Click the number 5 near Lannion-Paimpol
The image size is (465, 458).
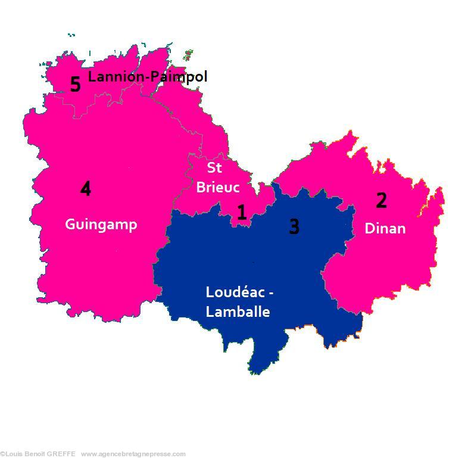point(75,84)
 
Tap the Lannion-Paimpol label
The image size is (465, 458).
point(148,77)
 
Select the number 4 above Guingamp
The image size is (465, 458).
point(86,189)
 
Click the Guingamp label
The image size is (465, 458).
point(101,225)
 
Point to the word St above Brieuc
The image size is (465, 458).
point(214,167)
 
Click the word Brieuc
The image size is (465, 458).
point(218,187)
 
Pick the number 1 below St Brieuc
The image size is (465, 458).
point(242,213)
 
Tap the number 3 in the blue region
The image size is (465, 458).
point(294,226)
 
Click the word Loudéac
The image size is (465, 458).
point(236,292)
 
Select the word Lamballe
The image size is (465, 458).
point(238,311)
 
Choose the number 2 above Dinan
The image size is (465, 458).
point(381,201)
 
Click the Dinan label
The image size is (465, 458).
point(385,228)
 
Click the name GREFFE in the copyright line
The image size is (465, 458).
point(62,454)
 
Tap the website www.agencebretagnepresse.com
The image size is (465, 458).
point(133,454)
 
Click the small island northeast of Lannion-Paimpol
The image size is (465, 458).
point(189,55)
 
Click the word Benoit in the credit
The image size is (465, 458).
point(34,454)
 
